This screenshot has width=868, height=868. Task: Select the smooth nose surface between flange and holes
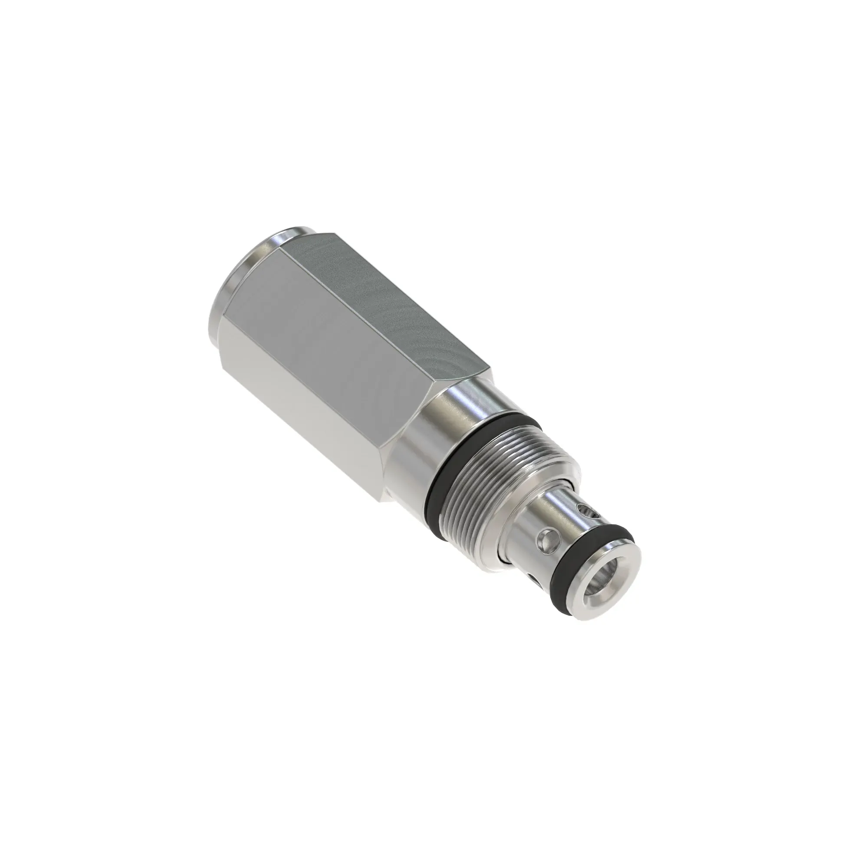(x=539, y=521)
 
